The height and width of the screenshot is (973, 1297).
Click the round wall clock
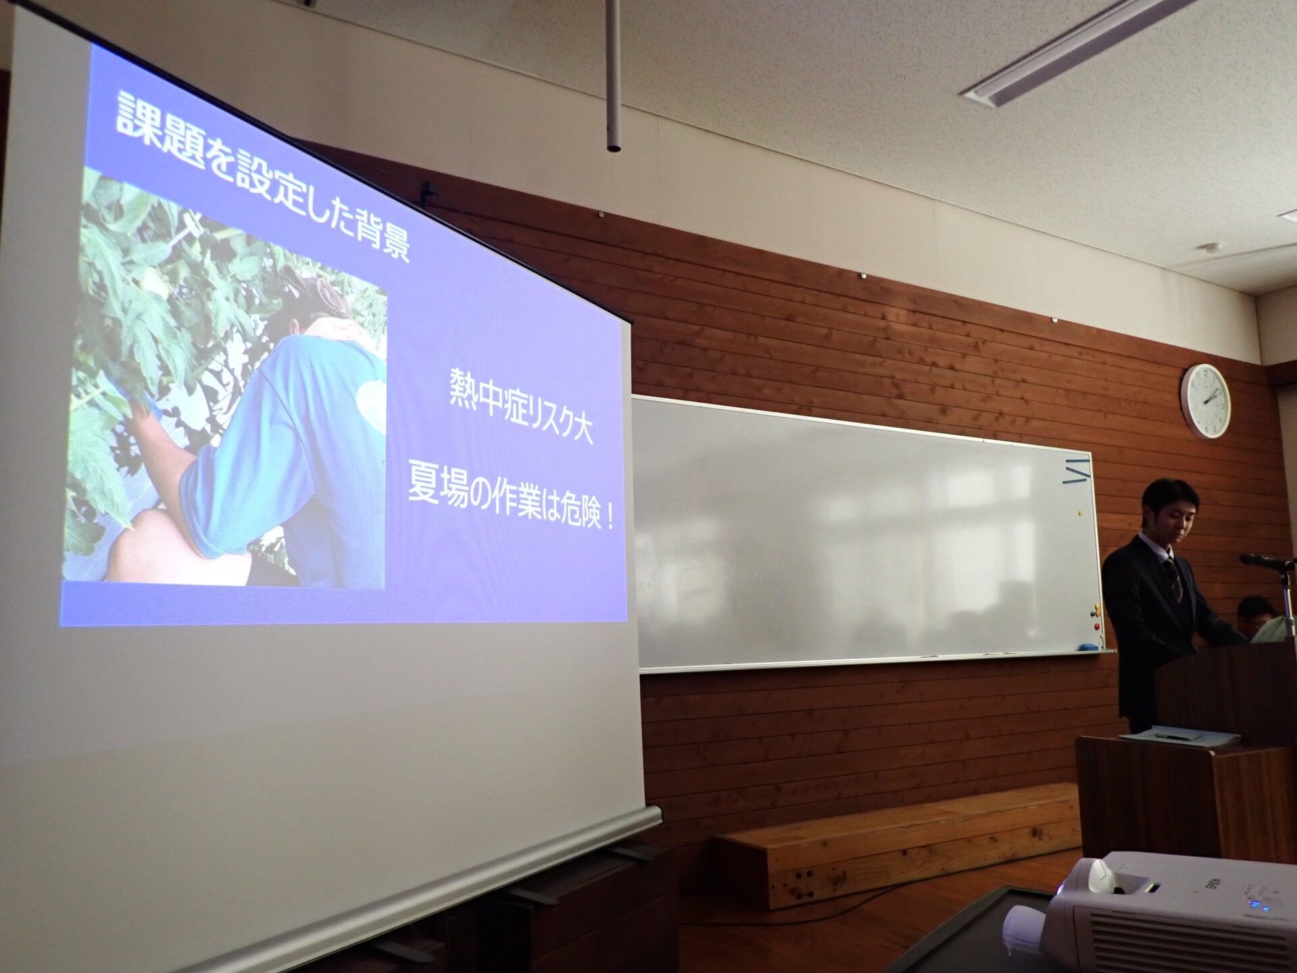(1206, 401)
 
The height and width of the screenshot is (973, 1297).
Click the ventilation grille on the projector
(1168, 939)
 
